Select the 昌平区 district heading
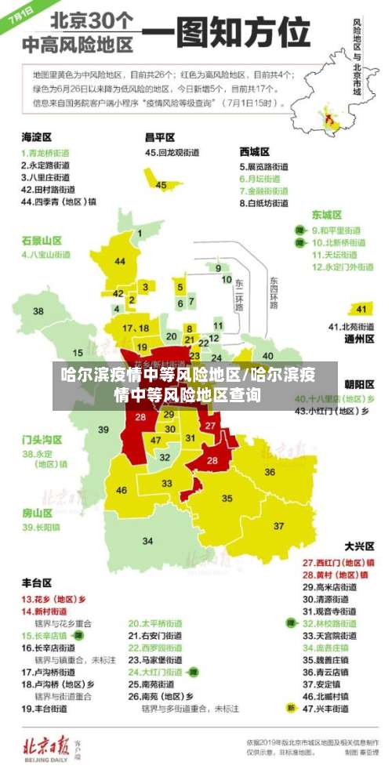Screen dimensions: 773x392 point(160,136)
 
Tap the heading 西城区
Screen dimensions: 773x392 point(255,151)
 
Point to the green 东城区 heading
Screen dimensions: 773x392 point(327,214)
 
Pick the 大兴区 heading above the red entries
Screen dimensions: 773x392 point(360,546)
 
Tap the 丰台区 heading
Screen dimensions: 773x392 point(37,583)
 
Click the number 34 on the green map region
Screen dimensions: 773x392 point(147,541)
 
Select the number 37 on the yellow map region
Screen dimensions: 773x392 point(278,525)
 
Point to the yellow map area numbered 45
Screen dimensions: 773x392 point(161,185)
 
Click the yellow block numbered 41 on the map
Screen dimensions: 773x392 point(361,308)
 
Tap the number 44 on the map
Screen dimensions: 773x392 point(120,261)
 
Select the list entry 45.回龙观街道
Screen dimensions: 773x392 point(172,152)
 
